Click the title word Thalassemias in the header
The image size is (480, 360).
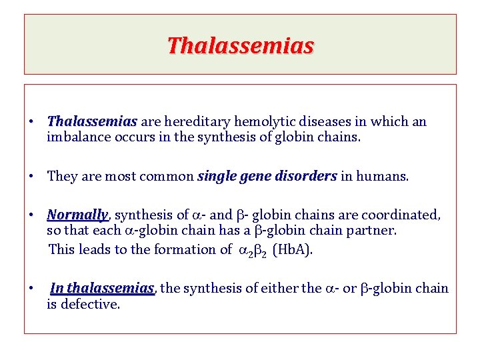coord(240,46)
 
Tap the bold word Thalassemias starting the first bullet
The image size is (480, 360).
coord(92,122)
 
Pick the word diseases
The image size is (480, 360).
coord(322,122)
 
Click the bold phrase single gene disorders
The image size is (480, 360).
coord(267,176)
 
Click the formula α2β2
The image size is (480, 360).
coord(253,250)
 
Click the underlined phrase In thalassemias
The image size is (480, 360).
coord(102,288)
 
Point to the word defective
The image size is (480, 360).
coord(89,304)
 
